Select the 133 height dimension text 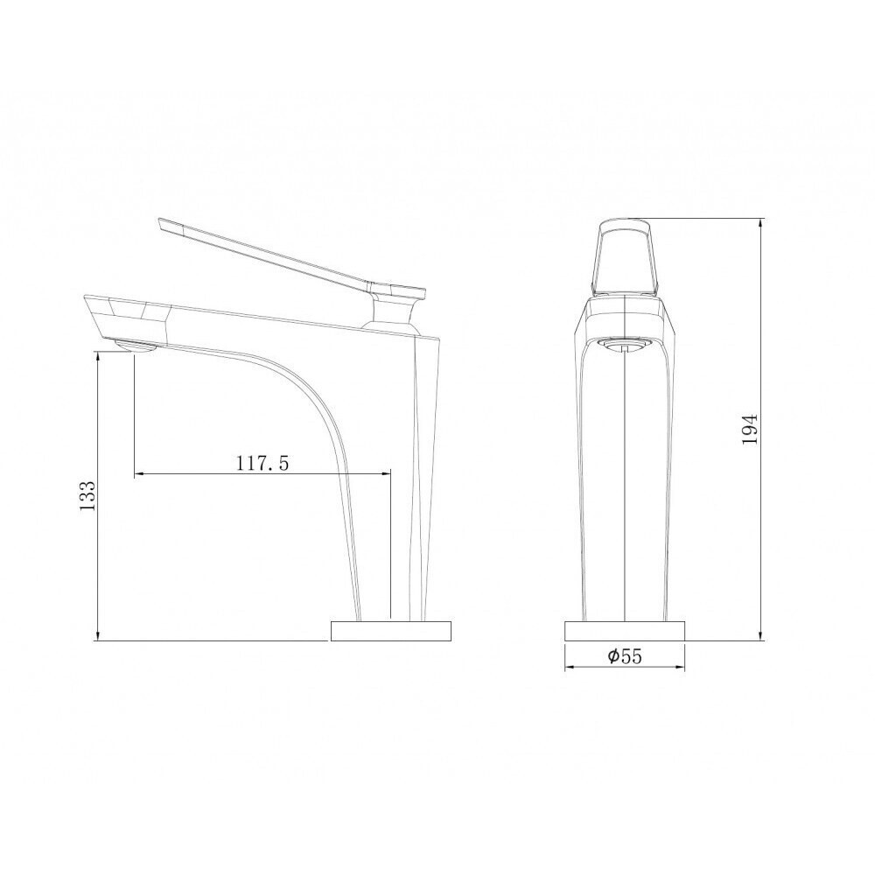click(88, 495)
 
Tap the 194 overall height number click(751, 429)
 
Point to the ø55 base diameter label click(625, 657)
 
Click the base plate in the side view click(391, 631)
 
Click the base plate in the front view click(625, 631)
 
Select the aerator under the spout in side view click(135, 346)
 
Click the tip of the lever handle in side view click(161, 222)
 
